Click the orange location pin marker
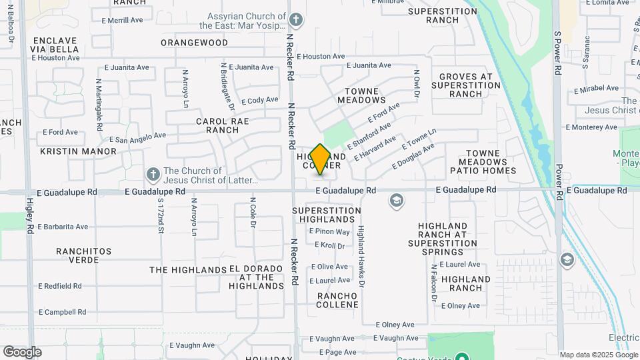[x=321, y=159]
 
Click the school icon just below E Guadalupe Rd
[x=397, y=201]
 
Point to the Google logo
[x=22, y=351]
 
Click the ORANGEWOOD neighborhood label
[x=194, y=43]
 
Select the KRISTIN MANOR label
[x=78, y=151]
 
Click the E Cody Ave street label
[x=259, y=101]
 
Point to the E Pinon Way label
[x=329, y=232]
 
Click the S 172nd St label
[x=161, y=216]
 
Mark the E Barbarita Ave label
[x=63, y=227]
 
